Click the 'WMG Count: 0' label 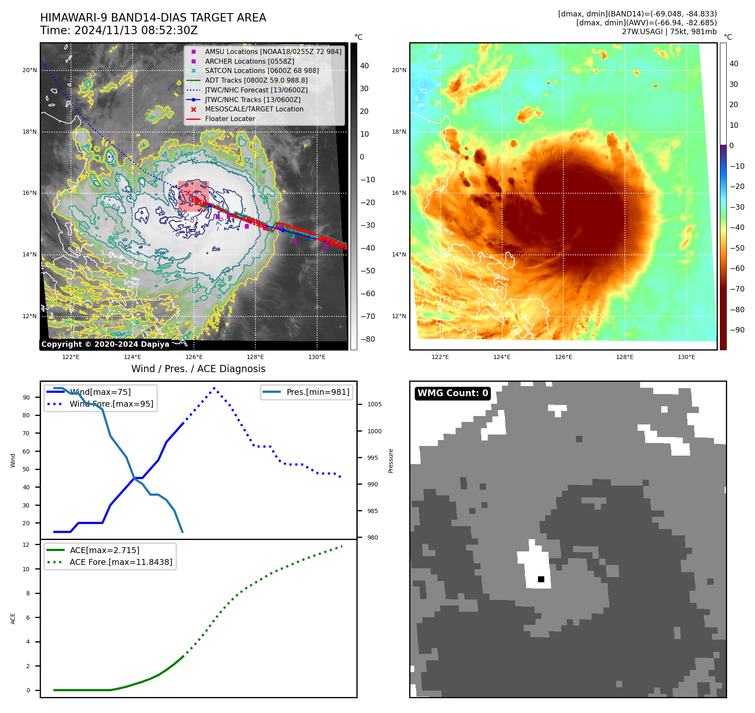453,393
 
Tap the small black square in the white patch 541,579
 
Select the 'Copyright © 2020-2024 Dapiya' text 105,344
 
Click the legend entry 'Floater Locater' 230,119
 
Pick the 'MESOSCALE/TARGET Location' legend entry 254,109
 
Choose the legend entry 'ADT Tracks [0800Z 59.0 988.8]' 256,81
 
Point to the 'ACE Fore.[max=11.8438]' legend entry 121,562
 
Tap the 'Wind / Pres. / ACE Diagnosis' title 198,369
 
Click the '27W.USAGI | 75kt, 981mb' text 669,32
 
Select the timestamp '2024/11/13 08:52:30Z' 136,30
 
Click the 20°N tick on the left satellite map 30,70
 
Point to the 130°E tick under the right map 686,357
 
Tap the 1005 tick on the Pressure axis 374,404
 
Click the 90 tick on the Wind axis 27,397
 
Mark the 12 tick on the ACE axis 26,545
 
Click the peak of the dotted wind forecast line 215,388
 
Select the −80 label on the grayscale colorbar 367,339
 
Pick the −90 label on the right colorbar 737,330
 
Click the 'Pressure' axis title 391,461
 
